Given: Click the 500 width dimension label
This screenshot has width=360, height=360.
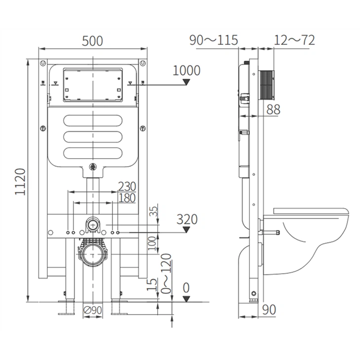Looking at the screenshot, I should point(93,41).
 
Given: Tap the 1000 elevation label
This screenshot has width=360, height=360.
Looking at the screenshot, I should point(186,71).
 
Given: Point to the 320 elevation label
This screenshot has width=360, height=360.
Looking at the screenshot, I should point(187,219).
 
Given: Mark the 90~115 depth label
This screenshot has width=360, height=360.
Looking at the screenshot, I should point(214,40).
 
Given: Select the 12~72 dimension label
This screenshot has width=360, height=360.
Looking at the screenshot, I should point(294,40).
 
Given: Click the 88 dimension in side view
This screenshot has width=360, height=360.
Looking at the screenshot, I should point(273,109).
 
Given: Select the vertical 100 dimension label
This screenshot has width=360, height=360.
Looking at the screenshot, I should point(152,242).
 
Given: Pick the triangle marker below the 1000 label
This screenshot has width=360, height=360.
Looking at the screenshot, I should point(187,82).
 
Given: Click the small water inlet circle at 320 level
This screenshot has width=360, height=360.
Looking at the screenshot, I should point(91,225).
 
